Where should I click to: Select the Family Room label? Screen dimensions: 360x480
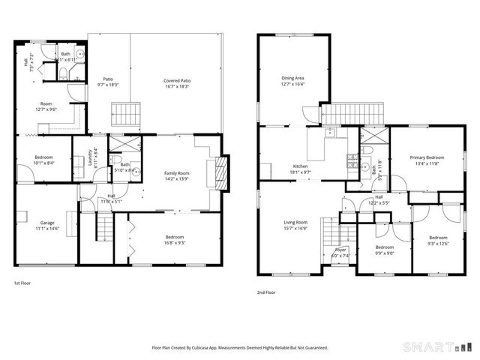coord(177,176)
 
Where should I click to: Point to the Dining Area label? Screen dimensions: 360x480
coord(292,81)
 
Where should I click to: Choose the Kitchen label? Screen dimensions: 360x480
coord(300,169)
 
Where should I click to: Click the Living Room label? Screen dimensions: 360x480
coord(295,225)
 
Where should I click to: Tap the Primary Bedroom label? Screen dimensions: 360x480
coord(427,160)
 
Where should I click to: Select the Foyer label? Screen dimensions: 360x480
coord(340,253)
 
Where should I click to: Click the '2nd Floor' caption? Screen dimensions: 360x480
coord(265,292)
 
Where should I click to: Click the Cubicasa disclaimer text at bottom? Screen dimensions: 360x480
coord(240,348)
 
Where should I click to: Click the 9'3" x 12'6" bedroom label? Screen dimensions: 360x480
coord(438,240)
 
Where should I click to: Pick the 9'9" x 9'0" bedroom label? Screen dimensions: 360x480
coord(384,250)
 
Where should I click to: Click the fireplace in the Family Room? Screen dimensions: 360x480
coord(218,172)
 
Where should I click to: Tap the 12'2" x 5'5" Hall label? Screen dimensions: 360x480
coord(379,200)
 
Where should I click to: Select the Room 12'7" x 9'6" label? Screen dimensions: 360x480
coord(46,107)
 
